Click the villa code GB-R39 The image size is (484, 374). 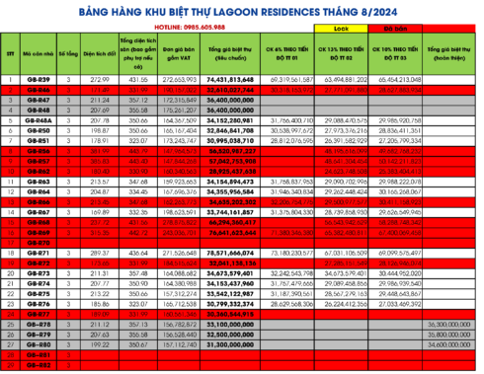tap(39, 78)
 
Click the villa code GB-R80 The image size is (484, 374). tap(39, 345)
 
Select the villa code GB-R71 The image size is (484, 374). tap(39, 253)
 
